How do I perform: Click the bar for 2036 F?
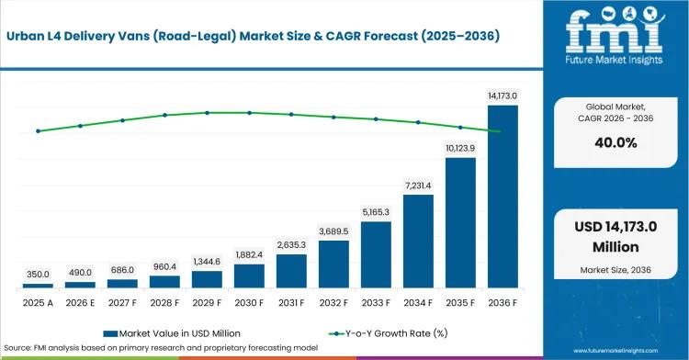pos(503,197)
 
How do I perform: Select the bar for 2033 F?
pos(376,254)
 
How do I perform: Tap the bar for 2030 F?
pos(249,276)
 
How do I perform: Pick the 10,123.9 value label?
pos(460,149)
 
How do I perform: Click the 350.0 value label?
pos(38,275)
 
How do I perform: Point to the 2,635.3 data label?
pos(291,245)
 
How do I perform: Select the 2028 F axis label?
pos(164,303)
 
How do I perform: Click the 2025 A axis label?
pos(38,303)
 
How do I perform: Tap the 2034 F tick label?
pos(418,303)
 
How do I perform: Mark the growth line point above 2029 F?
pos(207,113)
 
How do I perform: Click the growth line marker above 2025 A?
pos(38,130)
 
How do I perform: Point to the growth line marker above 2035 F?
pos(460,128)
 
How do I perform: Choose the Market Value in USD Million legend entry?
pos(172,333)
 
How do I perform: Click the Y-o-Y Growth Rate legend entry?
pos(389,333)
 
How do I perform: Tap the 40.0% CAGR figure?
pos(616,142)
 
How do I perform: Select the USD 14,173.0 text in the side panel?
pos(616,227)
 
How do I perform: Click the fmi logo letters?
pos(615,30)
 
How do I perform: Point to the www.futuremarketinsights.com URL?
pos(616,351)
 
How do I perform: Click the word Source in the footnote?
pos(17,348)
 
